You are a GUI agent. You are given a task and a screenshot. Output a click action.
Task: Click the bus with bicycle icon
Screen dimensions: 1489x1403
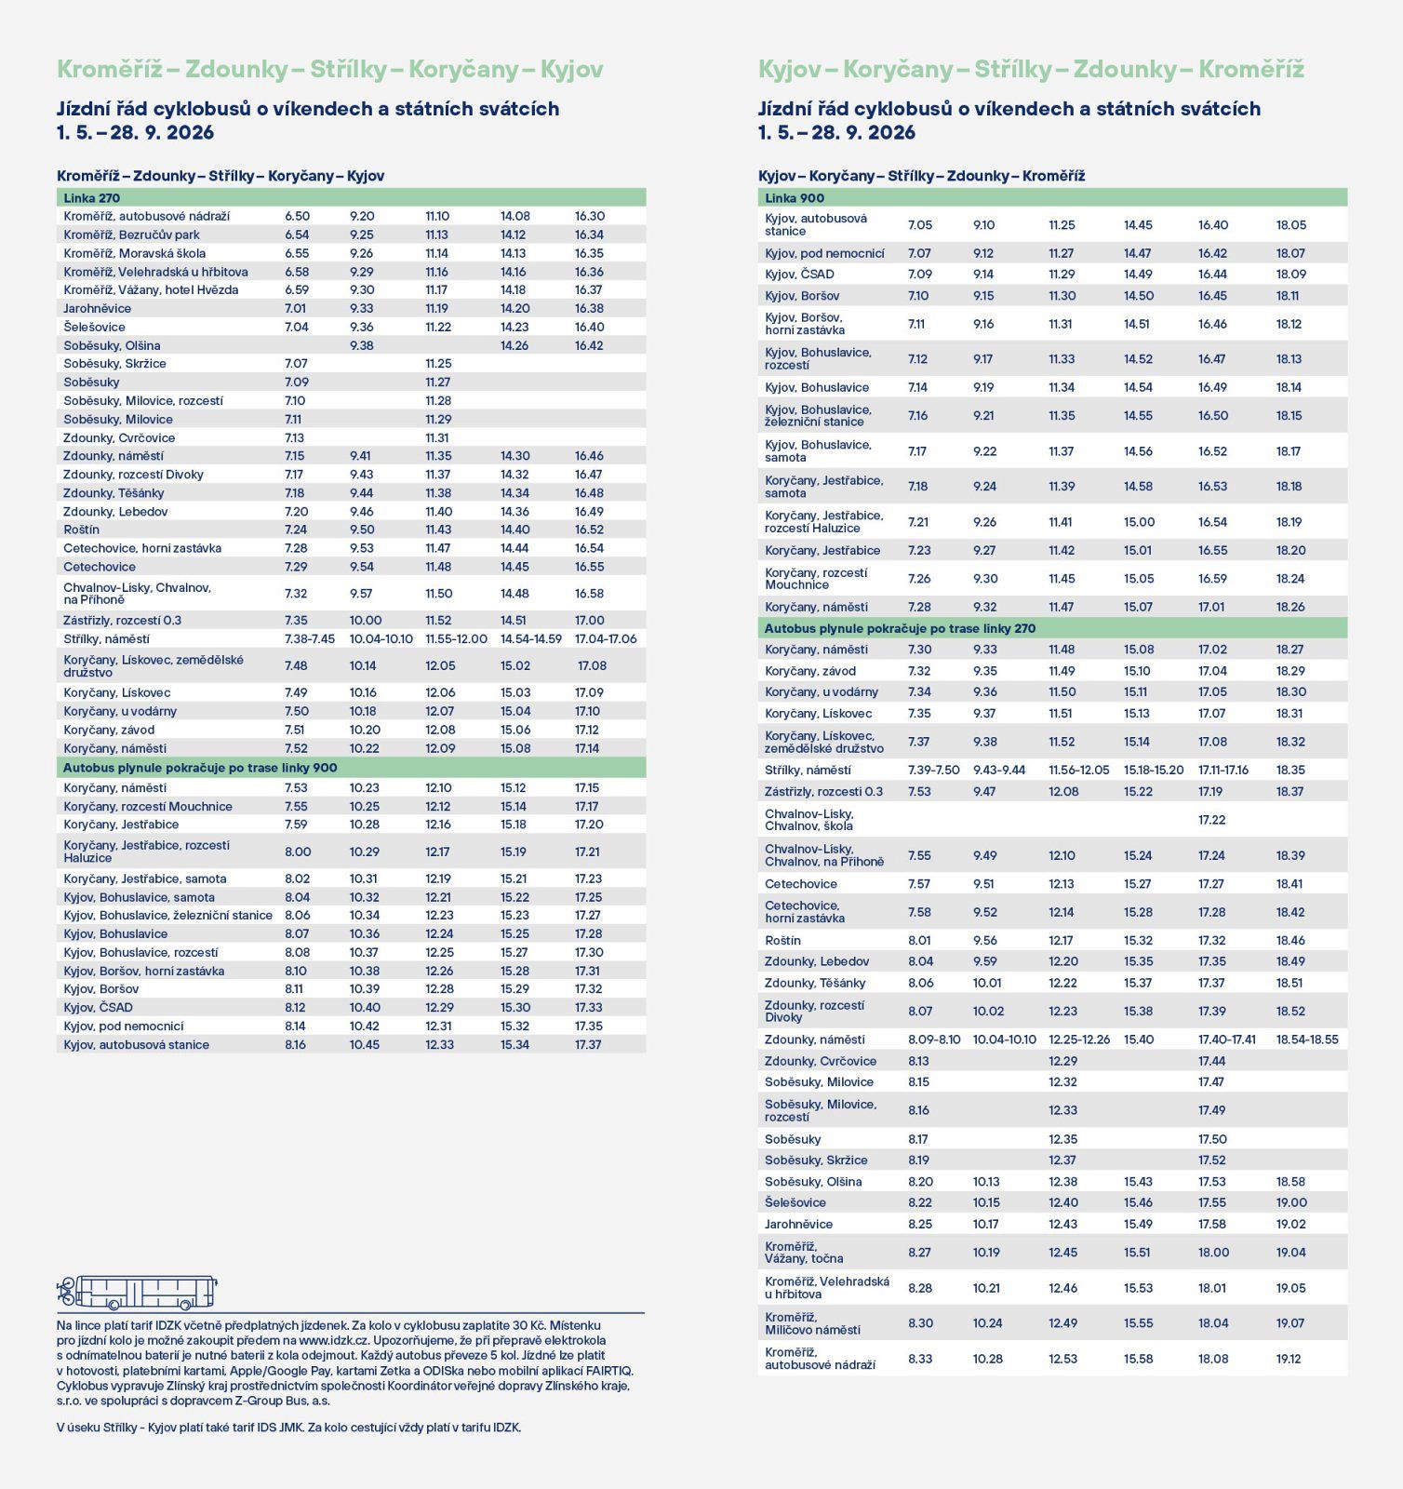pyautogui.click(x=137, y=1292)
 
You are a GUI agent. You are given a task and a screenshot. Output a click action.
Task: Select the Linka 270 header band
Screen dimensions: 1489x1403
pyautogui.click(x=351, y=198)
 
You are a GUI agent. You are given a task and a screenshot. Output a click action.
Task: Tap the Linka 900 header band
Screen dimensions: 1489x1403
pyautogui.click(x=1051, y=198)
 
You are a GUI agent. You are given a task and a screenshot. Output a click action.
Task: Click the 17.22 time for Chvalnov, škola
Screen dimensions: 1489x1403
pyautogui.click(x=1211, y=820)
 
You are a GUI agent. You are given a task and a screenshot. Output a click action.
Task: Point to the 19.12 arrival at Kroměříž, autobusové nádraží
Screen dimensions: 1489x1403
pyautogui.click(x=1289, y=1359)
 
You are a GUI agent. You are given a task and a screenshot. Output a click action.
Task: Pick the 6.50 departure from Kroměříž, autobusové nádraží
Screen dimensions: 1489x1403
pyautogui.click(x=297, y=216)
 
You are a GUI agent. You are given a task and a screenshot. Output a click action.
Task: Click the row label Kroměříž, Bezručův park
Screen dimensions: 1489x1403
pyautogui.click(x=131, y=235)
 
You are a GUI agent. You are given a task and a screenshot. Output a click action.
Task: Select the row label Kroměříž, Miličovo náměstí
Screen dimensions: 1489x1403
pyautogui.click(x=812, y=1323)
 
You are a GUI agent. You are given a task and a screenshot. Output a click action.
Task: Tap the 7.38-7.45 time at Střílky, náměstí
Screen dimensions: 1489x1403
pyautogui.click(x=309, y=639)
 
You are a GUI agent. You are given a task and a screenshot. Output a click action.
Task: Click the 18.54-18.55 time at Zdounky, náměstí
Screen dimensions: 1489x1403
pyautogui.click(x=1306, y=1040)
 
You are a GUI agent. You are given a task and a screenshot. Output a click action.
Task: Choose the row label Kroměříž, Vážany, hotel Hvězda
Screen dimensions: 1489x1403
pyautogui.click(x=151, y=289)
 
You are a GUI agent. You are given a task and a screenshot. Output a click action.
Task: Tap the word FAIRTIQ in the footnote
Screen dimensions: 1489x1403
pyautogui.click(x=609, y=1371)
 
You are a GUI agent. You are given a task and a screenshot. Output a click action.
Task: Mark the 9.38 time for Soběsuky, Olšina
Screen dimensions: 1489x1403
pyautogui.click(x=362, y=345)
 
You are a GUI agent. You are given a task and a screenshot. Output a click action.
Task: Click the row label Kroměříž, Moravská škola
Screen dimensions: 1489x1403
pyautogui.click(x=135, y=253)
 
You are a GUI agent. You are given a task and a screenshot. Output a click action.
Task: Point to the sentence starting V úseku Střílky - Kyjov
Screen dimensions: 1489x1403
pyautogui.click(x=288, y=1428)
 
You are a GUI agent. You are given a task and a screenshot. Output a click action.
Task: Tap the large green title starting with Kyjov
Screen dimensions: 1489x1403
pyautogui.click(x=1031, y=70)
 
